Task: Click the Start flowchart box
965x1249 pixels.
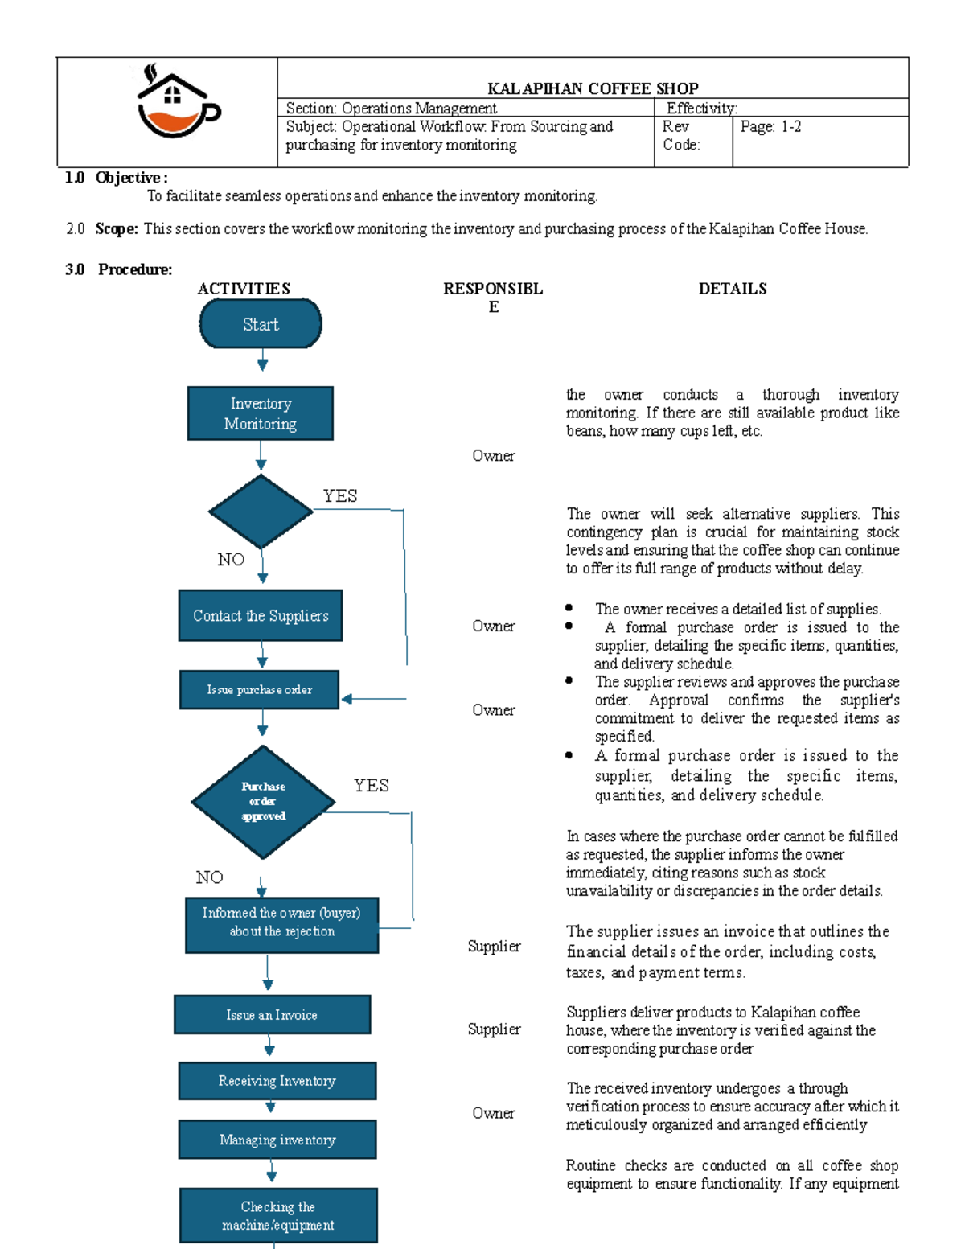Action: (261, 324)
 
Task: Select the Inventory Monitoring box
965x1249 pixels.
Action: (261, 413)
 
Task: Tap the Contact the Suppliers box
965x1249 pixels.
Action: (261, 616)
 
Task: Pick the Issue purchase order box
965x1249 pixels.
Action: (259, 690)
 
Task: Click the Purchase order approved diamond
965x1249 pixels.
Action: (263, 802)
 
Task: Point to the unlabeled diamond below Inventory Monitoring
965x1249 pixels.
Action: (261, 512)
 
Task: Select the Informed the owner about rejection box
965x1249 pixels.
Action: (281, 925)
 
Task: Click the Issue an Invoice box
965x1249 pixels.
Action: (272, 1015)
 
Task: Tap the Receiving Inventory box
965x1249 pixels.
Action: (277, 1081)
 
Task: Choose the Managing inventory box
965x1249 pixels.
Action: (277, 1140)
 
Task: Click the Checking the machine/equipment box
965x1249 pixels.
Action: (278, 1216)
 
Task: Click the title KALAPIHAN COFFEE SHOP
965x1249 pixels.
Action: (593, 88)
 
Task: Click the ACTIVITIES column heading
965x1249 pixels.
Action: (244, 289)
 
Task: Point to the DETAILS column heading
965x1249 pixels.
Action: (732, 289)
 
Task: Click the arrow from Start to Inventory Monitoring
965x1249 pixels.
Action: (262, 359)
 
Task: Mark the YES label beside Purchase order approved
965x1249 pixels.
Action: (371, 786)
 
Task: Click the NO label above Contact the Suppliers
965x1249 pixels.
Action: (231, 560)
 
